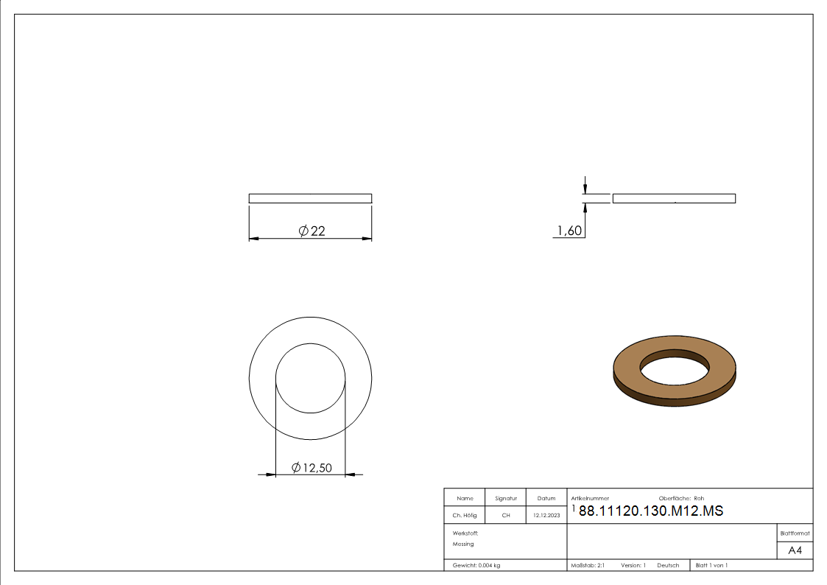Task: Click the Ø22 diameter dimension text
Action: [312, 231]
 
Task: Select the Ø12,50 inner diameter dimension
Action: [312, 468]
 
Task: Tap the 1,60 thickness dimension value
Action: [569, 231]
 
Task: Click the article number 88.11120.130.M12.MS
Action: [651, 511]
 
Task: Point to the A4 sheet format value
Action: [795, 550]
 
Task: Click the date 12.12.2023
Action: [546, 515]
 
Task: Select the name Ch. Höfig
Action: [465, 515]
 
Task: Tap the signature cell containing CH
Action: [506, 515]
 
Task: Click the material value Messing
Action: [463, 544]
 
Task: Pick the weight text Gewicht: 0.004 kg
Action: [476, 566]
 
